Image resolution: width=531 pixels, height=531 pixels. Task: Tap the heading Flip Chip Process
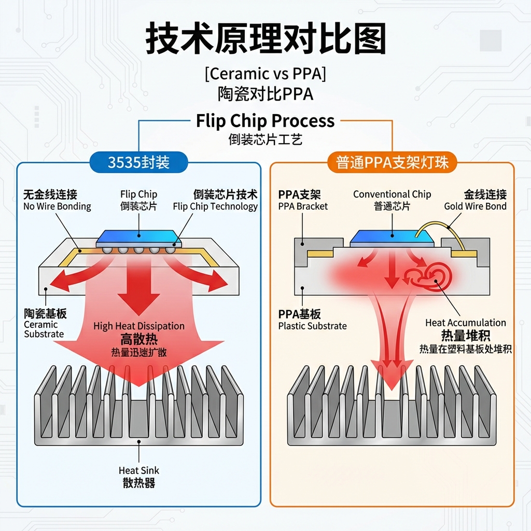(265, 121)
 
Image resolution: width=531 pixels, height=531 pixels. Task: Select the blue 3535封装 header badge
(138, 162)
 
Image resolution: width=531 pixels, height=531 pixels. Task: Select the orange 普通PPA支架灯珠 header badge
(392, 162)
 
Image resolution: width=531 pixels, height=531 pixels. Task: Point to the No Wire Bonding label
(57, 206)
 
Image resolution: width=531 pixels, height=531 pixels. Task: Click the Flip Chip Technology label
(215, 206)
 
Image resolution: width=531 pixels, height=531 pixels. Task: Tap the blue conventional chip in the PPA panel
(392, 238)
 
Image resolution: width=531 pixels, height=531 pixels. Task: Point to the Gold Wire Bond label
(475, 206)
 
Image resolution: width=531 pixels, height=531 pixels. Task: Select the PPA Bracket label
(303, 206)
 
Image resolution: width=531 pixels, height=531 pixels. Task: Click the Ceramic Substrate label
(44, 329)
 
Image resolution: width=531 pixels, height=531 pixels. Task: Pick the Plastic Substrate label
(312, 326)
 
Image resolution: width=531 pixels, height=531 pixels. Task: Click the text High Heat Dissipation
(139, 326)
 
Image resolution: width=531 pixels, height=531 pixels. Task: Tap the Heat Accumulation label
(465, 323)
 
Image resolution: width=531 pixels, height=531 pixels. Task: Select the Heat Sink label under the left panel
(139, 470)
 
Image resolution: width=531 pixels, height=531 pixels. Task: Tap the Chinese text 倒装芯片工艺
(265, 139)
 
